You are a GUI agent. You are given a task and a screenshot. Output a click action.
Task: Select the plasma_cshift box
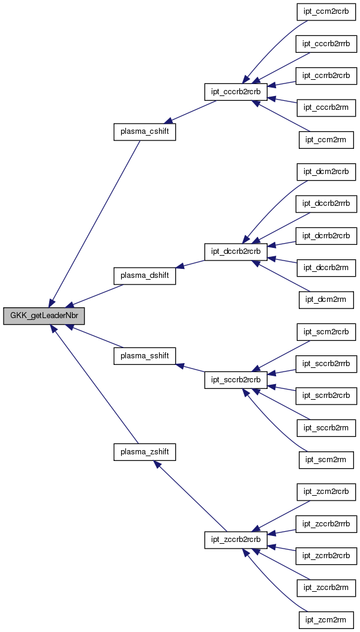click(145, 132)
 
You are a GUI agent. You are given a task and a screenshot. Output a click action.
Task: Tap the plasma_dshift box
click(145, 275)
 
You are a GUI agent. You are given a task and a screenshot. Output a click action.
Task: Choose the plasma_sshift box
click(145, 356)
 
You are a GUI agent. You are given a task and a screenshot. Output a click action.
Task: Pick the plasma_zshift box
click(145, 452)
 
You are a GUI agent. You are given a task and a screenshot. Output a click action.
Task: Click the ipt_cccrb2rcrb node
click(236, 92)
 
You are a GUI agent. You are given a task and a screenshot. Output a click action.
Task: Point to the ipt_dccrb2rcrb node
click(236, 252)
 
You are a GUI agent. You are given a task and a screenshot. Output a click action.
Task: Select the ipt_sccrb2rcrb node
click(236, 380)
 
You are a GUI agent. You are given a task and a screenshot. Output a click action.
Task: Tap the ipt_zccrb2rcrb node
click(236, 540)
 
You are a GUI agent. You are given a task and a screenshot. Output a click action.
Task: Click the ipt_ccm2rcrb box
click(326, 13)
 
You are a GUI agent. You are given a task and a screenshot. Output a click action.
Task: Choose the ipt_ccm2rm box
click(326, 140)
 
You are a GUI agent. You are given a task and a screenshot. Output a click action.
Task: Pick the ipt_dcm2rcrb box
click(326, 172)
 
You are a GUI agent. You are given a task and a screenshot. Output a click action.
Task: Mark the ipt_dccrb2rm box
click(326, 267)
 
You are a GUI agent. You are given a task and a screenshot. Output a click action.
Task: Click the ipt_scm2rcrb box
click(326, 331)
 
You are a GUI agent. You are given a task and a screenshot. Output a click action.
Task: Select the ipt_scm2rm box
click(326, 459)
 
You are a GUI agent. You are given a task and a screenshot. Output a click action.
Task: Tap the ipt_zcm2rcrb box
click(326, 492)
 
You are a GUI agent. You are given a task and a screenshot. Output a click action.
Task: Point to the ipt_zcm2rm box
click(326, 619)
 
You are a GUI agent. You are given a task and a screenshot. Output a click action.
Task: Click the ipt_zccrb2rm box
click(326, 587)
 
